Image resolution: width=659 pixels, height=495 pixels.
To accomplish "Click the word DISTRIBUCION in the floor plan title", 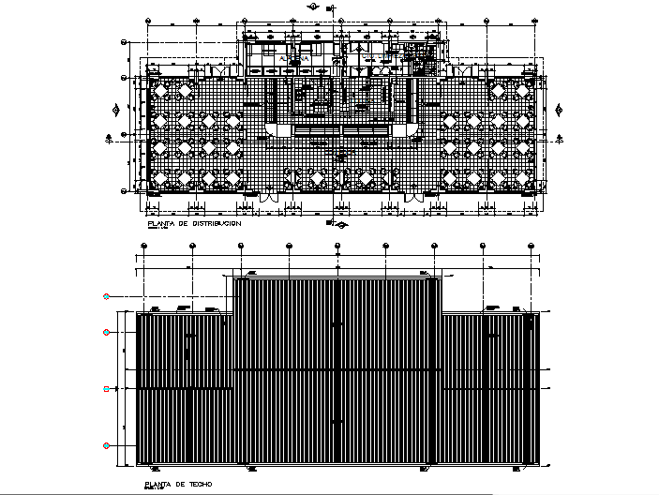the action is [217, 224].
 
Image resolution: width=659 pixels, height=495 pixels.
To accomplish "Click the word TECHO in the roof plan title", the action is [199, 484].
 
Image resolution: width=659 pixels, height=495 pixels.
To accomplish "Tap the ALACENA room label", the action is [293, 59].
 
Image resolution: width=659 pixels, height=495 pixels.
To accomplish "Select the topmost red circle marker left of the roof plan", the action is [107, 296].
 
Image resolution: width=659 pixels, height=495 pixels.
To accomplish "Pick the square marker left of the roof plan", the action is [107, 387].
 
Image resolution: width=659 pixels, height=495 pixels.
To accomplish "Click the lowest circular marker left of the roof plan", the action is [107, 444].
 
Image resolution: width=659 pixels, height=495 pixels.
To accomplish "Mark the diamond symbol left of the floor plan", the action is [115, 110].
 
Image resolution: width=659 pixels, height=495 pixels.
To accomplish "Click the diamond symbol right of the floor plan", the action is [561, 110].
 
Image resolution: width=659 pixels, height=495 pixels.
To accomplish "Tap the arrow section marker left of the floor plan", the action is [111, 136].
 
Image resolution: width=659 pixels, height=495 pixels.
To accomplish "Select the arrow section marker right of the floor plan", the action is [562, 136].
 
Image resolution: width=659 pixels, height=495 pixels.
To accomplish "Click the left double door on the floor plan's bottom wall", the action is [269, 198].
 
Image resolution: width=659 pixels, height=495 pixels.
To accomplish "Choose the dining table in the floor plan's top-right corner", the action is [517, 92].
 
